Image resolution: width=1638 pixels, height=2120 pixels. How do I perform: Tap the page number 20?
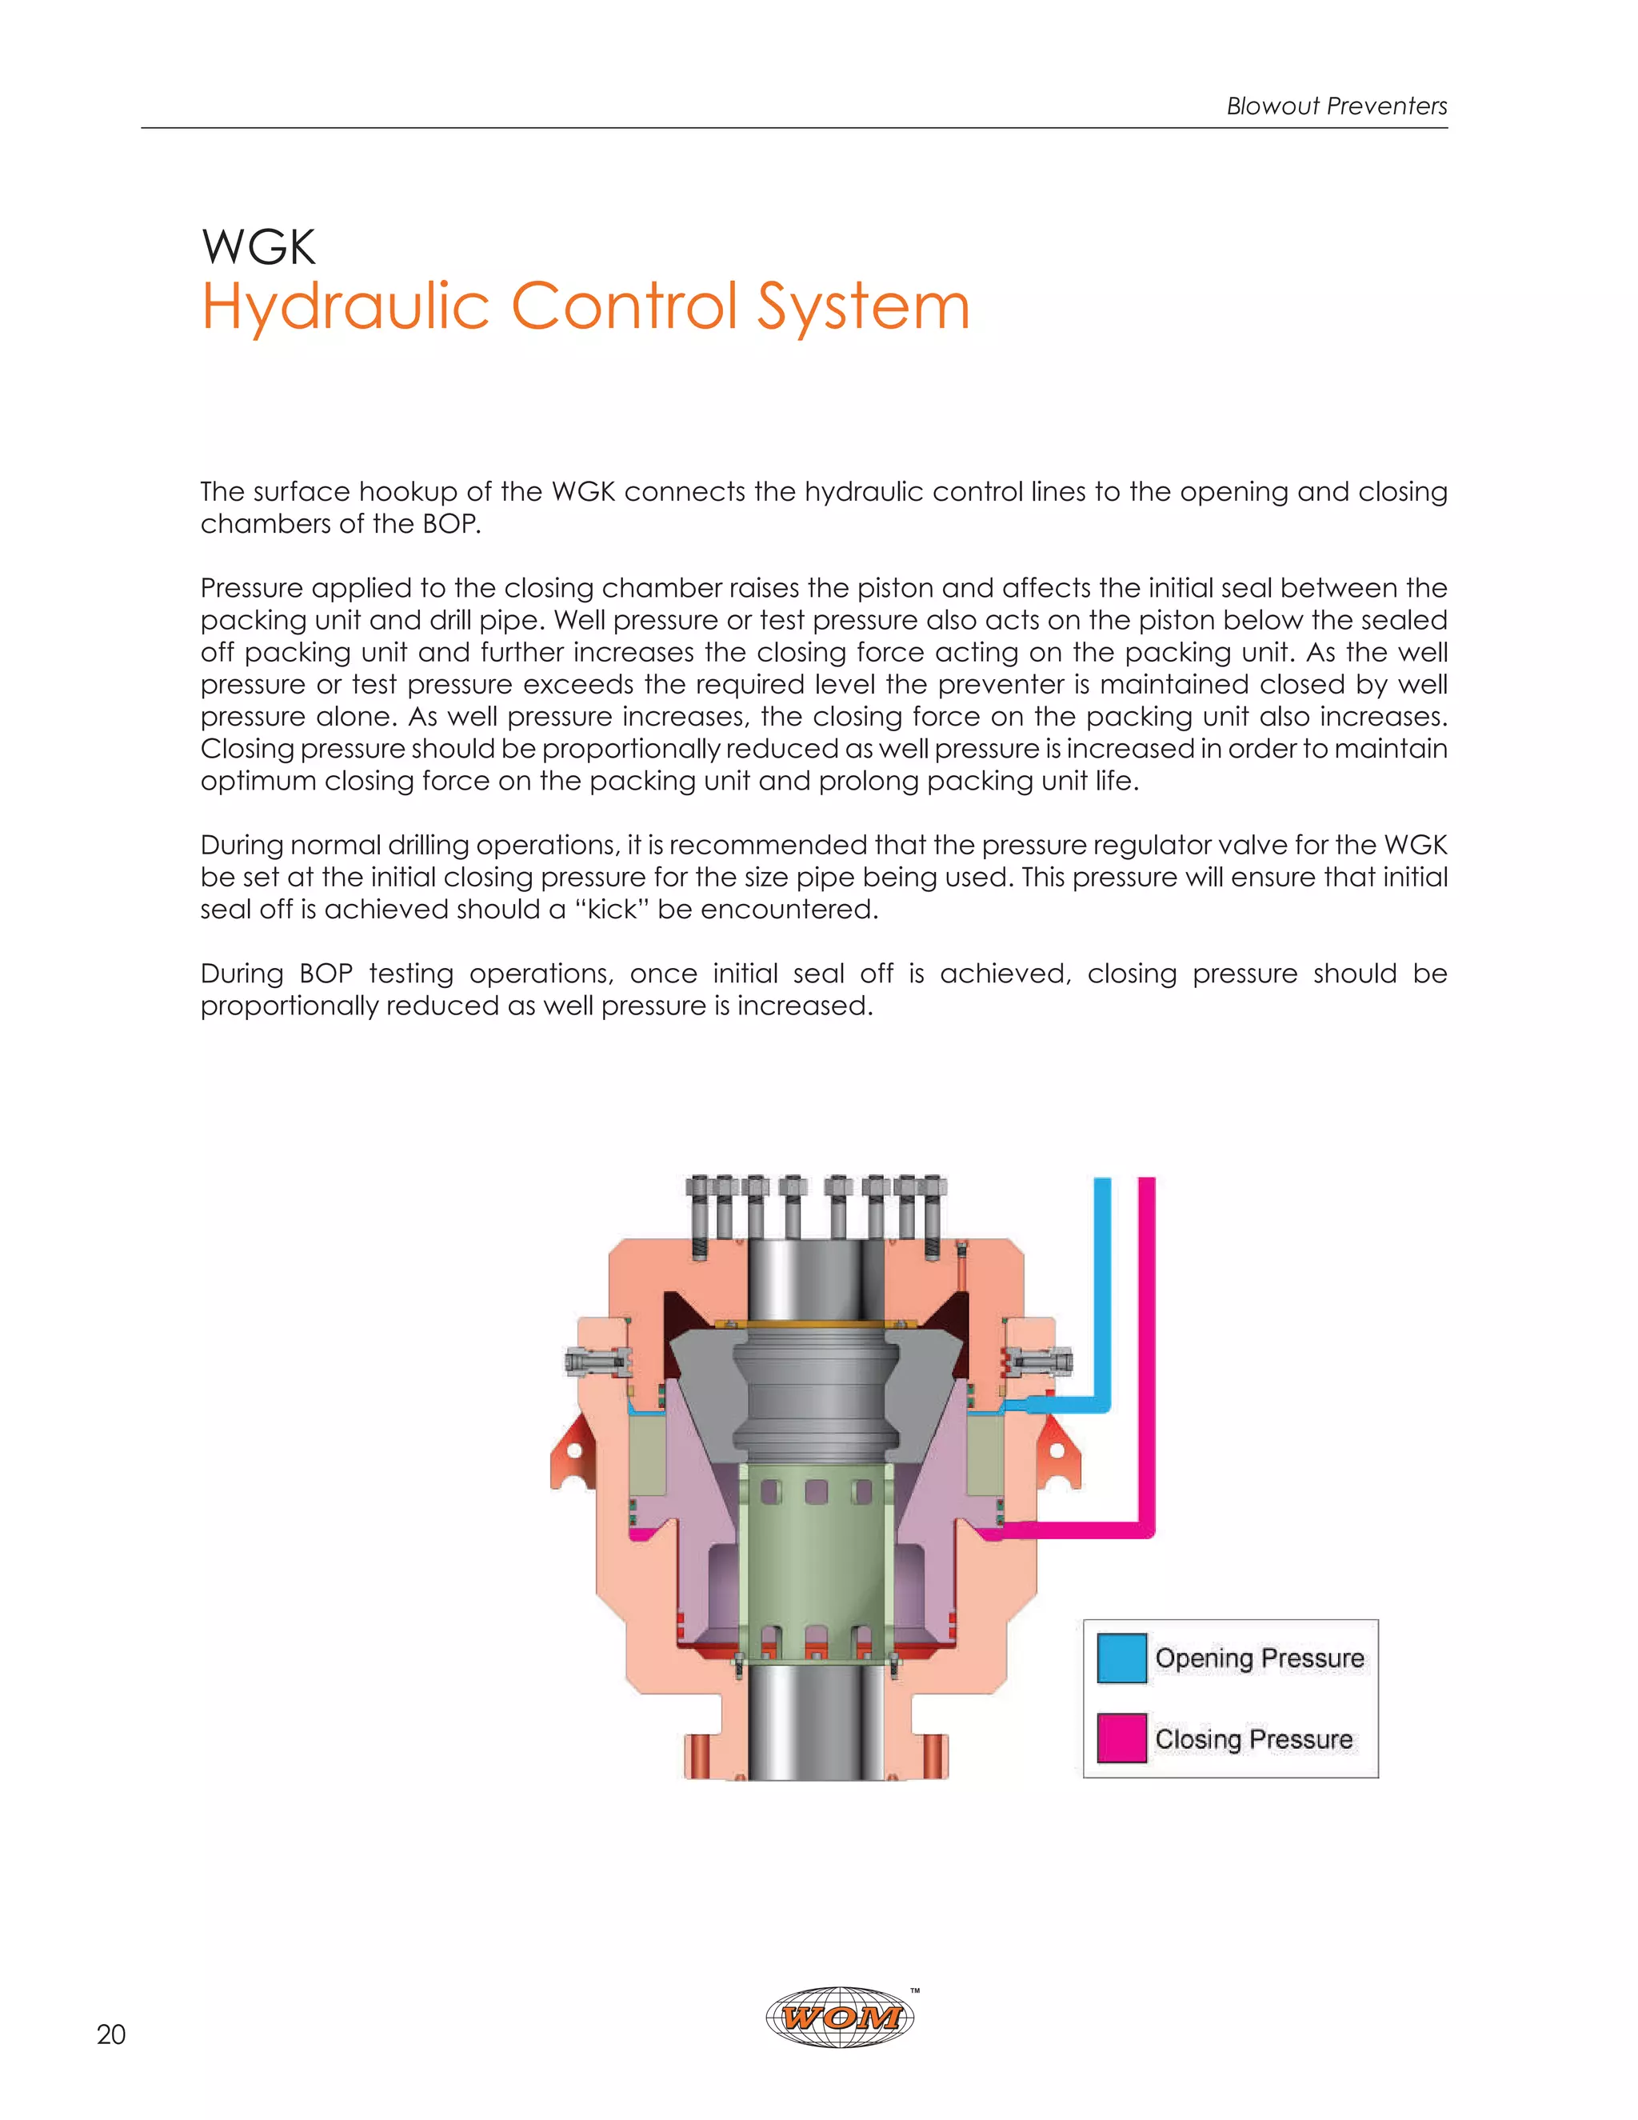[x=110, y=2034]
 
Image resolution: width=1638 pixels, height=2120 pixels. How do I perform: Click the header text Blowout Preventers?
[x=1336, y=106]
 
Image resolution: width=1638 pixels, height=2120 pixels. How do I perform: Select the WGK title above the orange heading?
[x=258, y=246]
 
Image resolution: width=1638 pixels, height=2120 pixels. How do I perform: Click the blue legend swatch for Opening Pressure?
[x=1121, y=1658]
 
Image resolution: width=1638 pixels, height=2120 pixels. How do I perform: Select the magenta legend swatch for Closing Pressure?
[x=1121, y=1738]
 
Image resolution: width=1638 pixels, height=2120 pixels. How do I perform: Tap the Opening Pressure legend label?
[x=1259, y=1658]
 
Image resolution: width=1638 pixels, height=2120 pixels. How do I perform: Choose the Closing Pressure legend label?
[x=1252, y=1738]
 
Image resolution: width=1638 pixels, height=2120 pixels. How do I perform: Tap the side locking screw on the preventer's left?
[x=594, y=1362]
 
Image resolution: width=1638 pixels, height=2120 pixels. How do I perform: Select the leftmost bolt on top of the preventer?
[x=701, y=1214]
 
